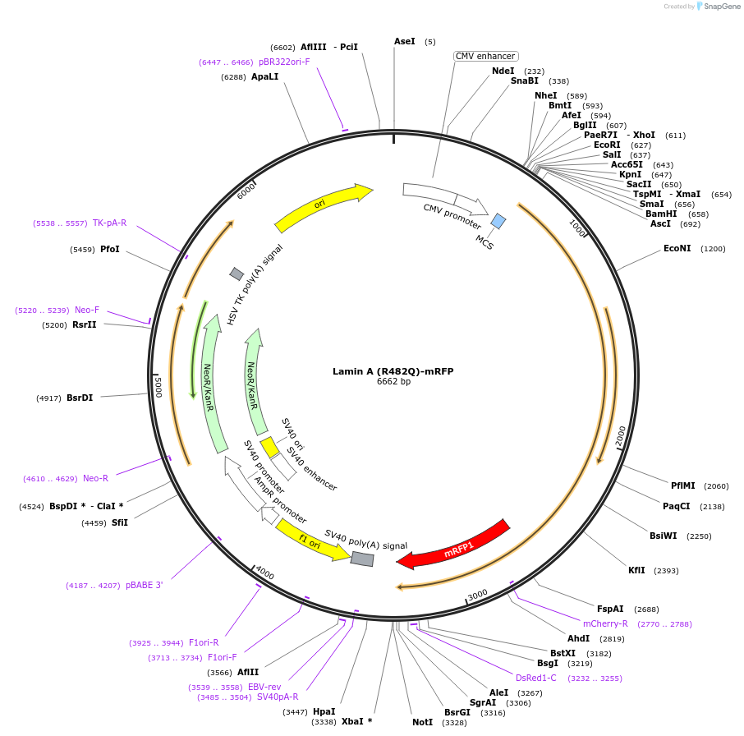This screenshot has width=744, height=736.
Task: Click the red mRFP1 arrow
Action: tap(453, 544)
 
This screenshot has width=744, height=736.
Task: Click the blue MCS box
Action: tap(498, 221)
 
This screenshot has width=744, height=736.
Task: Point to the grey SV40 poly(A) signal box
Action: tap(362, 559)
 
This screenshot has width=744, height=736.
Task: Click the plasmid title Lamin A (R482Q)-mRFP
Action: tap(393, 371)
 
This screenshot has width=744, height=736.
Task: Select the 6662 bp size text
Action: tap(393, 382)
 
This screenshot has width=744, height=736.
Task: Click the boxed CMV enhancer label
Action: tap(485, 56)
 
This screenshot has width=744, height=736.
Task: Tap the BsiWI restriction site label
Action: tap(663, 536)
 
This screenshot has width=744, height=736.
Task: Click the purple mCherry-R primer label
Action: tap(605, 623)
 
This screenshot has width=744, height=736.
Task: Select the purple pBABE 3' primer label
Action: tap(144, 585)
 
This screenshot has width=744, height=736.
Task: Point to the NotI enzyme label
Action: tap(422, 722)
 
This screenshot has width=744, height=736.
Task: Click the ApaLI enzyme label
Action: tap(264, 76)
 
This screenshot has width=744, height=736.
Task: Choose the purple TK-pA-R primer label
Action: tap(109, 223)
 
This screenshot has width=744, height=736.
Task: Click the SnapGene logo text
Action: tap(719, 7)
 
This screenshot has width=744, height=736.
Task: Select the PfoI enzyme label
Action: tap(109, 248)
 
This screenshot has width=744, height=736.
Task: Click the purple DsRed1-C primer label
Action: tap(535, 678)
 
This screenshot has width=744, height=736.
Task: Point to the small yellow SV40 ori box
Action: tap(269, 447)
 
